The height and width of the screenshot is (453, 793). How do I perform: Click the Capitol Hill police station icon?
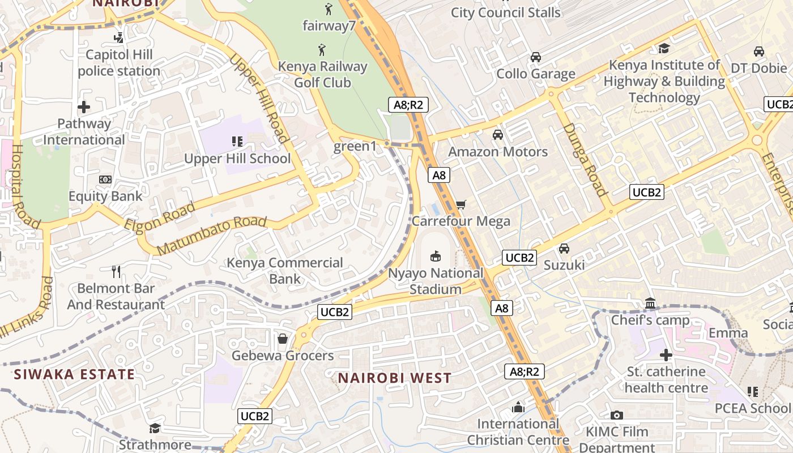pos(118,38)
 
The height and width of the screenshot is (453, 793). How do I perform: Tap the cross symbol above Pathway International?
pos(84,106)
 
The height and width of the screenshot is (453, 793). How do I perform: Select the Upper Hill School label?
pos(237,159)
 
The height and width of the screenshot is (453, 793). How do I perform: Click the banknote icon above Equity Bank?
pos(105,180)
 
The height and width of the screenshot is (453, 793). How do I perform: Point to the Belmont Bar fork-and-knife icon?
pos(116,271)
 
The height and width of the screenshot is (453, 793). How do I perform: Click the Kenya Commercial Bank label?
pos(285,271)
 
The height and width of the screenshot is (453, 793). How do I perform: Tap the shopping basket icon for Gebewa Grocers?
pos(282,339)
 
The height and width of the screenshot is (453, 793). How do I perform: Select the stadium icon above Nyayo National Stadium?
pos(436,257)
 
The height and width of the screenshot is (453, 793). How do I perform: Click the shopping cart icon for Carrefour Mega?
pos(461,204)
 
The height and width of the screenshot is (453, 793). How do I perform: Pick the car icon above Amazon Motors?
pos(498,135)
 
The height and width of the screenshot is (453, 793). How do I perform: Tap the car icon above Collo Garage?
pos(535,57)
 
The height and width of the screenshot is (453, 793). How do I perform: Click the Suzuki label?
pos(564,265)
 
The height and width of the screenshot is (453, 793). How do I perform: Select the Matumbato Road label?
pos(211,235)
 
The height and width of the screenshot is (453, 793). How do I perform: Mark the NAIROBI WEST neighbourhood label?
pos(395,378)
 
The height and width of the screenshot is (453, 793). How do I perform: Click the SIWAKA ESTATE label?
pos(74,374)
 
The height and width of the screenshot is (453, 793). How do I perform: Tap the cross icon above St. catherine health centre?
pos(666,355)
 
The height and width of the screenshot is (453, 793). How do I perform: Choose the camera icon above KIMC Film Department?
pos(617,416)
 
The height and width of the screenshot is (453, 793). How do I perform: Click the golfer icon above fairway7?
pos(329,8)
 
